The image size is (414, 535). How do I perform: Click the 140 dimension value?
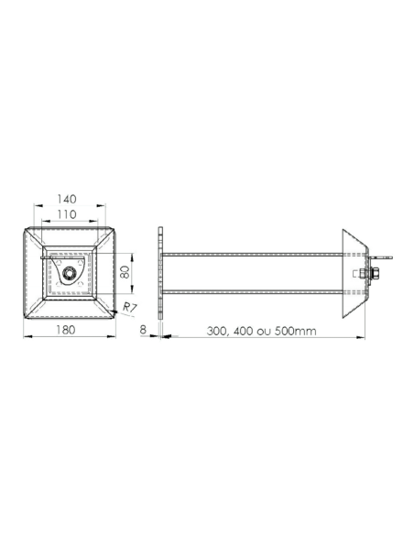(66, 198)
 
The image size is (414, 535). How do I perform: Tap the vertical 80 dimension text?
(125, 272)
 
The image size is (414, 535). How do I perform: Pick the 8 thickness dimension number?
(144, 327)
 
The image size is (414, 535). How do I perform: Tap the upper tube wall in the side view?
(252, 254)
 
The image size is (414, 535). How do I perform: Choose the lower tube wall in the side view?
(252, 291)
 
